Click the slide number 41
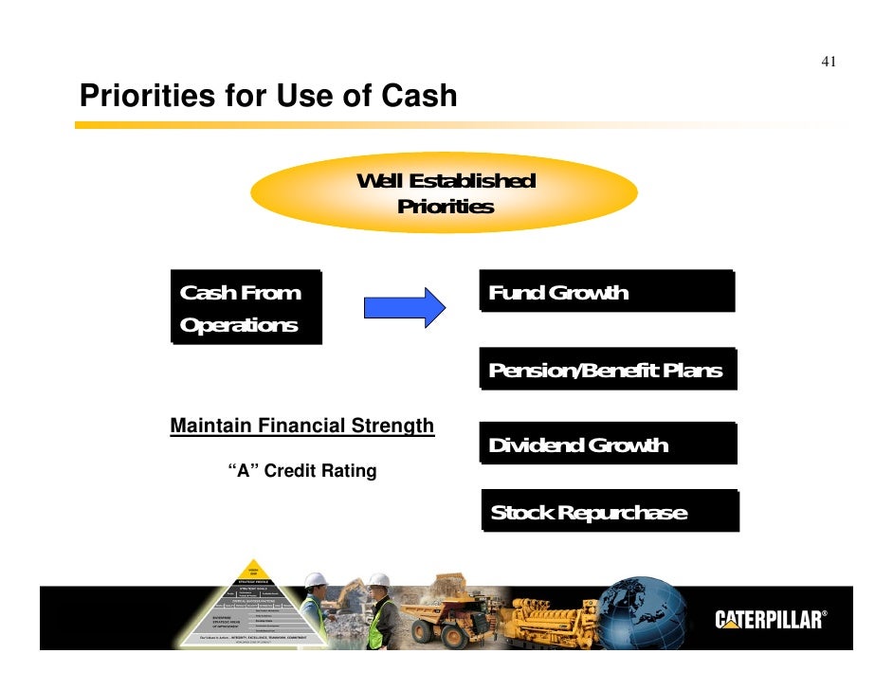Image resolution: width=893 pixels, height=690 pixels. coord(828,63)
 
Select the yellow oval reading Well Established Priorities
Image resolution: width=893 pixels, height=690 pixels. coord(444,193)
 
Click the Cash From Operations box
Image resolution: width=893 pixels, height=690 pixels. coord(246,307)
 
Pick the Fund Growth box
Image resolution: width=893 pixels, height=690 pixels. coord(607,292)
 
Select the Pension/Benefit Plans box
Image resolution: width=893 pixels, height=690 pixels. coord(607,370)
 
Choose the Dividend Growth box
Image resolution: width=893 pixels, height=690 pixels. coord(607,444)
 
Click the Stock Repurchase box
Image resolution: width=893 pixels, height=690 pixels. coord(610,512)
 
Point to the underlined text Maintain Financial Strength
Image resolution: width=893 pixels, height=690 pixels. coord(301,427)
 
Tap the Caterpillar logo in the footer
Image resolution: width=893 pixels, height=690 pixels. coord(770,620)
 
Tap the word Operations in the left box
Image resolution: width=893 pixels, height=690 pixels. coord(239,325)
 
